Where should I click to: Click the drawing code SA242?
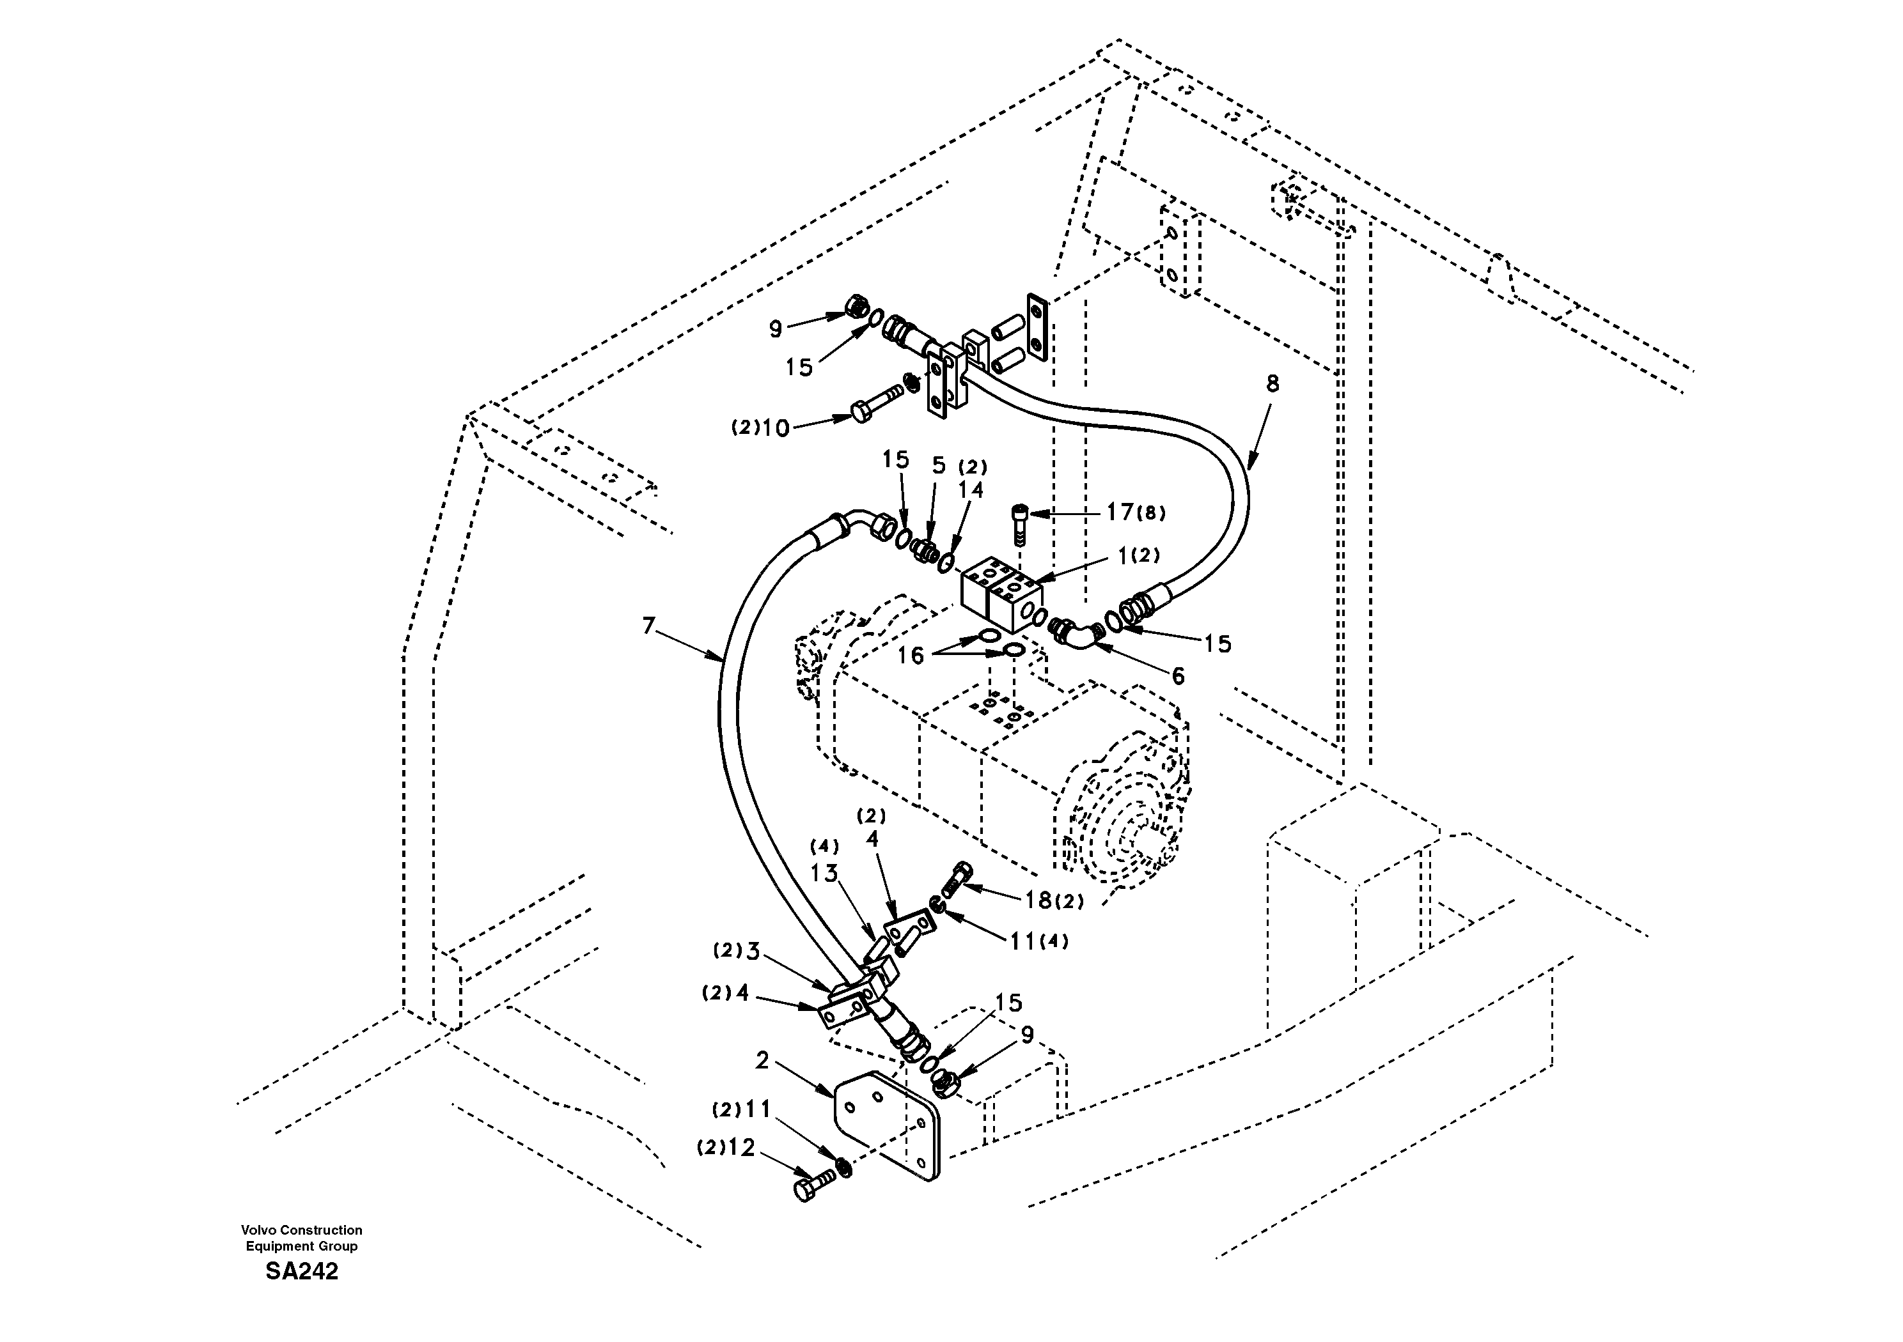pos(302,1272)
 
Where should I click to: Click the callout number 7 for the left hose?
pos(650,626)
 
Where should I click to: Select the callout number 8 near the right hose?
pos(1273,383)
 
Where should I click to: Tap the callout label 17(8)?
pos(1136,513)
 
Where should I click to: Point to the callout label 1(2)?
pos(1138,556)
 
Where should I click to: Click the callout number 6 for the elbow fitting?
pos(1178,676)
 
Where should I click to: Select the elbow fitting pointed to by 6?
pos(1077,635)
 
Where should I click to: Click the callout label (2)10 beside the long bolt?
pos(759,428)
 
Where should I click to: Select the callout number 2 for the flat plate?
pos(762,1060)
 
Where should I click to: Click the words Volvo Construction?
pos(302,1230)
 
